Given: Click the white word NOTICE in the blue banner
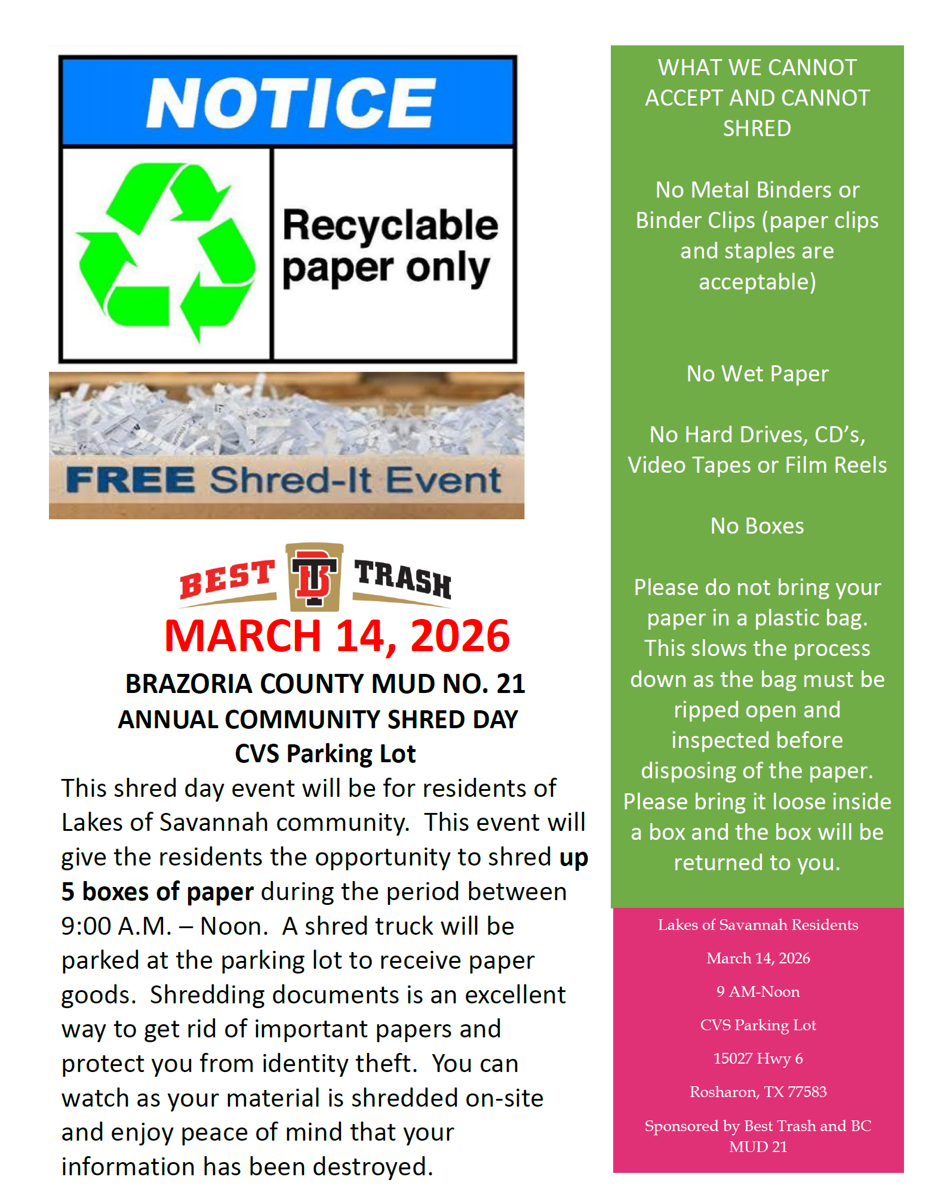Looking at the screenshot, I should point(291,103).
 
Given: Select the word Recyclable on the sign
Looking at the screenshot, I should point(390,225).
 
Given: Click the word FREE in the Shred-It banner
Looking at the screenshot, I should point(130,480).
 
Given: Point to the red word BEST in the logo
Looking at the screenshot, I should point(227,578).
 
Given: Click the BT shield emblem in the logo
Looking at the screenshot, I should point(314,577).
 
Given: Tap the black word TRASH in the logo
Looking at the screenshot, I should point(402,578).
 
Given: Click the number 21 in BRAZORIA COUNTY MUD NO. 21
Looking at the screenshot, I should point(511,683).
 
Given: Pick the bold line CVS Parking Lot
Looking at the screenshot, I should point(325,754).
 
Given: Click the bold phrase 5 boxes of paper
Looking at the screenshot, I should point(158,892).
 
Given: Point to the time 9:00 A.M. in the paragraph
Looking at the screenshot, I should point(116,926).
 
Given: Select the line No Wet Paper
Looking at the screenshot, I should point(757,374).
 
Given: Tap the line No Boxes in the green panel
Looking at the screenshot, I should point(757,526).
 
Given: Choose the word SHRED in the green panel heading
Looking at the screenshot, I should point(757,128).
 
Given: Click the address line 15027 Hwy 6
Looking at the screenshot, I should point(758,1058).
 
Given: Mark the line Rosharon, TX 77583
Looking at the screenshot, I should point(758,1092).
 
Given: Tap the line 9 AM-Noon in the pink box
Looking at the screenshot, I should point(758,991).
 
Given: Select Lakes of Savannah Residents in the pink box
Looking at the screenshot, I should point(758,925).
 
